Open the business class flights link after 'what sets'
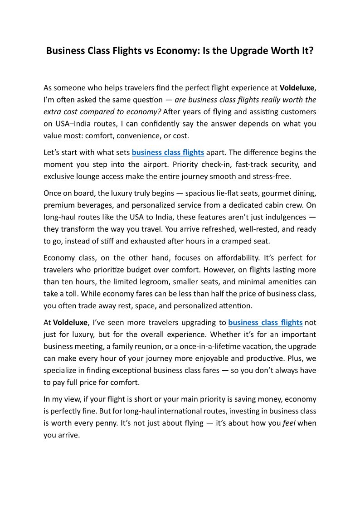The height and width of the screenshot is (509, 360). click(168, 152)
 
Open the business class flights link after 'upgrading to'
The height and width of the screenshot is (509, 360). click(265, 323)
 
